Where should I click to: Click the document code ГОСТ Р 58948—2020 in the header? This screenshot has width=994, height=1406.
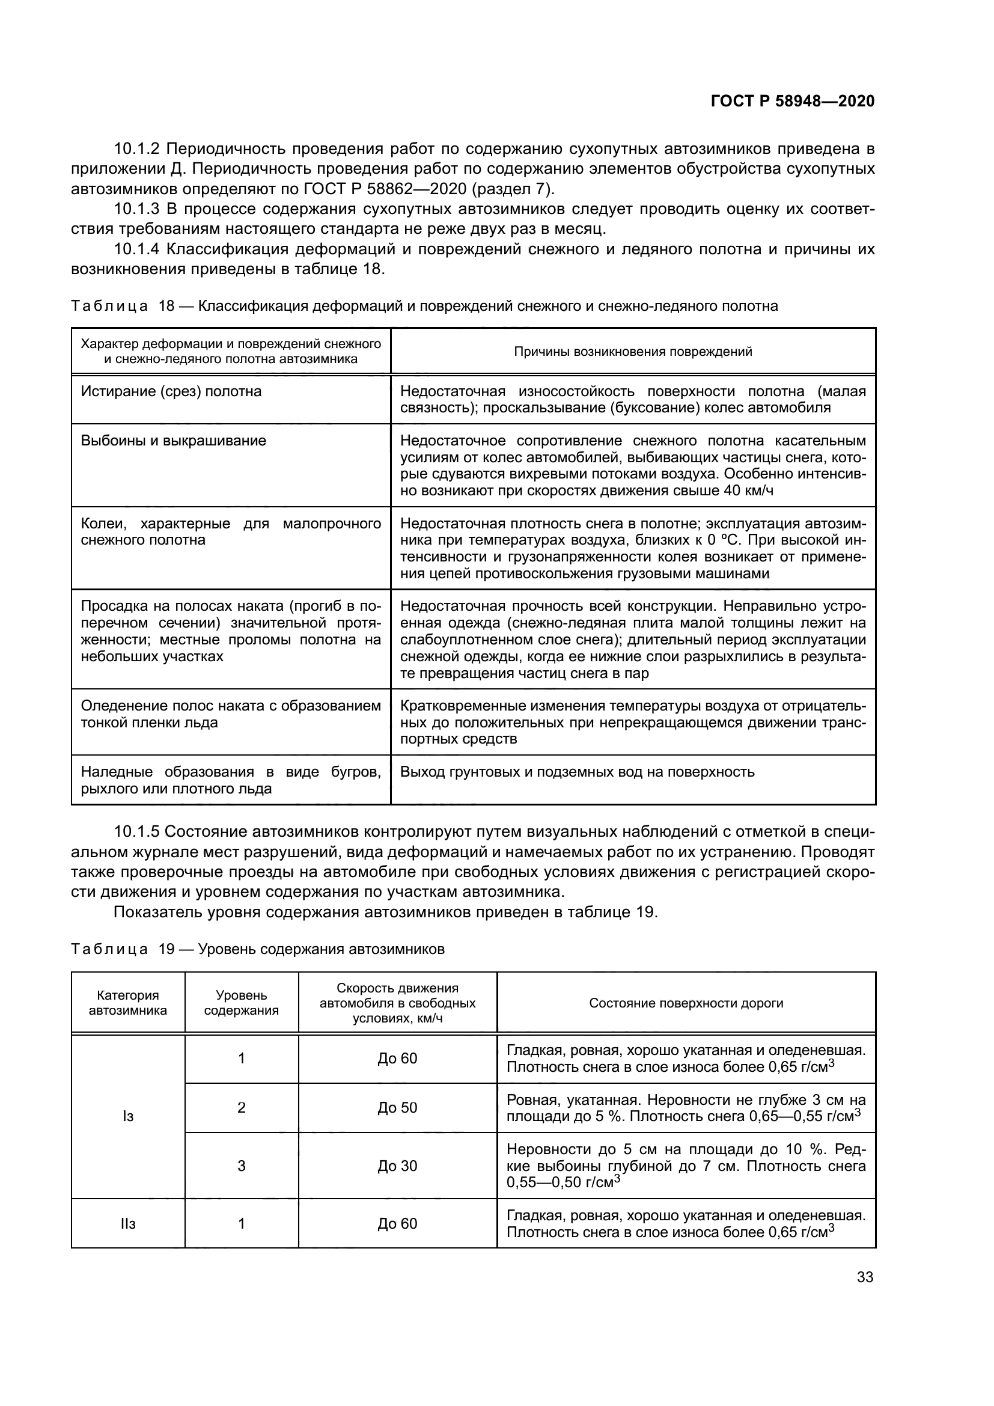tap(793, 101)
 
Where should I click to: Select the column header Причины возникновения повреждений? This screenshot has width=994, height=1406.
tap(633, 352)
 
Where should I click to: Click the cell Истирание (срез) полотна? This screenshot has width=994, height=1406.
tap(171, 391)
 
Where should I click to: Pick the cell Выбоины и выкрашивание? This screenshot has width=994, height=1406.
tap(173, 441)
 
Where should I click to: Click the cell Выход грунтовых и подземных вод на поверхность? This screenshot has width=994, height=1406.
tap(577, 772)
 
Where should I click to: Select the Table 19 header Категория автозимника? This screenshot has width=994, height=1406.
tap(128, 1003)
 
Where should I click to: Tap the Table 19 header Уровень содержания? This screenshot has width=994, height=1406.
tap(241, 1003)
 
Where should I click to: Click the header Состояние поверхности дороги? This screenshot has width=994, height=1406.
tap(686, 1003)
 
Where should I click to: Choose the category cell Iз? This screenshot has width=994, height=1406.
tap(128, 1116)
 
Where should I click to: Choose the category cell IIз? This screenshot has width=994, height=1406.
tap(128, 1223)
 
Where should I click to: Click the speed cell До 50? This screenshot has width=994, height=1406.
tap(397, 1107)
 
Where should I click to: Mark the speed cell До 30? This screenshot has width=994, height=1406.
tap(397, 1166)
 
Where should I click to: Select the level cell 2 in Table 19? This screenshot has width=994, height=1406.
tap(241, 1107)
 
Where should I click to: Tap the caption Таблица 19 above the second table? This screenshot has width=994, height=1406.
tap(123, 949)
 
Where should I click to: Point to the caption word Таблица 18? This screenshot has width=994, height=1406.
tap(123, 306)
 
